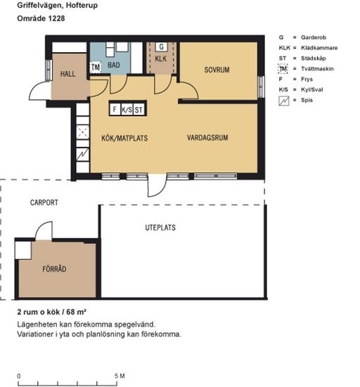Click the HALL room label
[67, 74]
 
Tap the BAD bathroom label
[114, 65]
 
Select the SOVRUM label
[217, 70]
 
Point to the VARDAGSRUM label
[207, 138]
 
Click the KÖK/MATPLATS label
[124, 138]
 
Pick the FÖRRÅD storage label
[54, 269]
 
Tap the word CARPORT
[44, 203]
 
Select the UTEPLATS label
[160, 227]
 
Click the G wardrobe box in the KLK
[161, 46]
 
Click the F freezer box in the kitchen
[115, 109]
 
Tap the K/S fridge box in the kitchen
[127, 109]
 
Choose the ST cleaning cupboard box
[139, 109]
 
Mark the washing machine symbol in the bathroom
[96, 67]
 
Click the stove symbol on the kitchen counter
[82, 154]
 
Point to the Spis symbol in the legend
[284, 101]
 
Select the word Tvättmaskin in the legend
[317, 69]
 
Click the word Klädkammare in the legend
[319, 48]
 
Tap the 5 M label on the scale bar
[120, 376]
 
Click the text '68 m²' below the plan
[76, 312]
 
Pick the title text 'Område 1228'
[41, 18]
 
